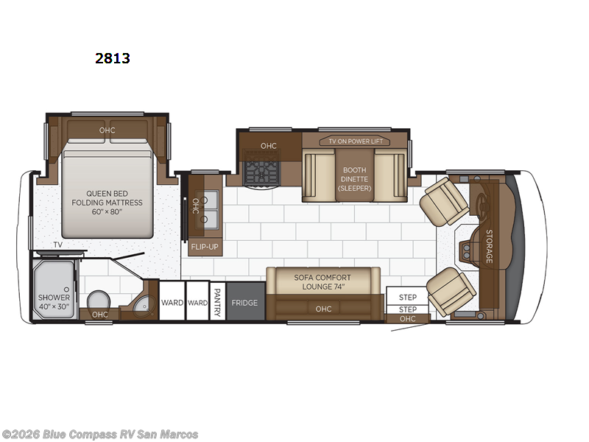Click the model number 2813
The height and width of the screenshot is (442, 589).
click(113, 58)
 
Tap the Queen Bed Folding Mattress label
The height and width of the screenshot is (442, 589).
click(107, 203)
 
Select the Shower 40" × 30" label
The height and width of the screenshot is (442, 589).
click(54, 302)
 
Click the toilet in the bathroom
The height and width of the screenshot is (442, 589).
click(99, 301)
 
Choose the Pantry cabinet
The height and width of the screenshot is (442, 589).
click(217, 302)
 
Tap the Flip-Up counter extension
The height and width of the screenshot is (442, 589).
click(205, 247)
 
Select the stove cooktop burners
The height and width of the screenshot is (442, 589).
click(261, 172)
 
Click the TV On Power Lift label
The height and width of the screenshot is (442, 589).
click(355, 141)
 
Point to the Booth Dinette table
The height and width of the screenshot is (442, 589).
click(355, 175)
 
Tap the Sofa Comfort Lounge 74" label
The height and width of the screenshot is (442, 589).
click(322, 282)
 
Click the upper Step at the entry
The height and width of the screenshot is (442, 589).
click(408, 297)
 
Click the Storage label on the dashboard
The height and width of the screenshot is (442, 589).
click(489, 246)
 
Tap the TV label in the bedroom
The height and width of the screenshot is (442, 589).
click(58, 245)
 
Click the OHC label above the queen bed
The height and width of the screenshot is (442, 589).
click(107, 130)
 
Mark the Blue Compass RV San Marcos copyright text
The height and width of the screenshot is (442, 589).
click(99, 435)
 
